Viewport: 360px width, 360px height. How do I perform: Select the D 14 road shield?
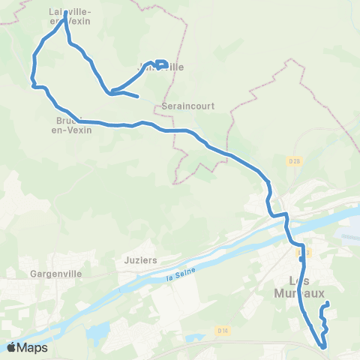tap(223, 329)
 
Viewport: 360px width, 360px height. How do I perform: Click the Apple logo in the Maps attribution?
tap(13, 347)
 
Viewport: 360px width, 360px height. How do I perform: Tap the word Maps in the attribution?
tap(33, 347)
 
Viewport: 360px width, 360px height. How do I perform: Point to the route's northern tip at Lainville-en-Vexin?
tap(66, 13)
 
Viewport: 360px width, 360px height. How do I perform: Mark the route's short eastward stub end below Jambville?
tap(139, 97)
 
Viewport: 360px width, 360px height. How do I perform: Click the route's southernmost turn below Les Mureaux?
tap(323, 346)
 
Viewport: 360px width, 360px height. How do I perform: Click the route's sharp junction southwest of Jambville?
tap(111, 94)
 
